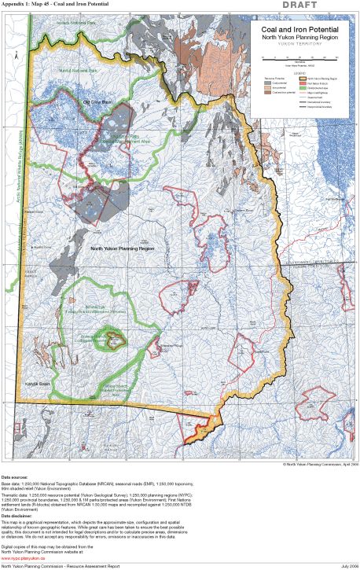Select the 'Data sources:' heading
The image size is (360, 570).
point(17,476)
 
